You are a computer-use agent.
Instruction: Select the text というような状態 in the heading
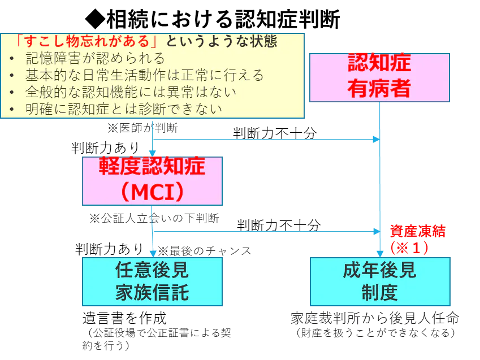point(220,42)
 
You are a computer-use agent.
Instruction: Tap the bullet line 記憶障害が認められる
point(95,58)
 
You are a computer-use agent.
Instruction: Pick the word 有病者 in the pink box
point(379,89)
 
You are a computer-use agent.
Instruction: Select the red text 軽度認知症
point(152,167)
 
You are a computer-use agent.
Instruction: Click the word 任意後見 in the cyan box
point(152,270)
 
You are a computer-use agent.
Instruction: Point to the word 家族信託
point(152,293)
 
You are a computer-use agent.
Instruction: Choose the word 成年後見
point(379,270)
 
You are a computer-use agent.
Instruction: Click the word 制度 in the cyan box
point(379,293)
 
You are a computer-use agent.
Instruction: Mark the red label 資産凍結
point(418,231)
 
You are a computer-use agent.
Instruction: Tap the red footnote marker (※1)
point(410,247)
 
